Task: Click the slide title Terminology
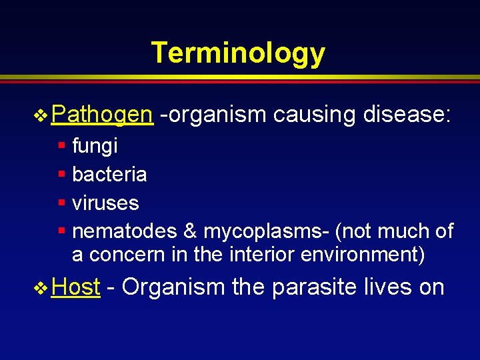coord(238,53)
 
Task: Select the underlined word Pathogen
coord(101,115)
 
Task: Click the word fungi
coord(95,145)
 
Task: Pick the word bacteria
coord(109,174)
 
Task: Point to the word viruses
coord(105,203)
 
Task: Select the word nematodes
coord(124,231)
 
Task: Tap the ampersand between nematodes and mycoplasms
coord(190,231)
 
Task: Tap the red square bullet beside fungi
coord(61,145)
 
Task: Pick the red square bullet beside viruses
coord(61,203)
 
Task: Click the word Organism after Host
coord(173,287)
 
